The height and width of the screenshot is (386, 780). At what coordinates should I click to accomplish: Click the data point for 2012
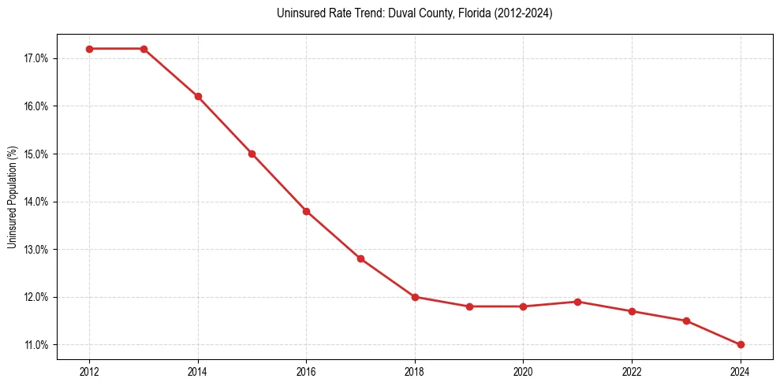tap(89, 49)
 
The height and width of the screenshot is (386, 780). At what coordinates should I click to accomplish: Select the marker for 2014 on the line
tap(198, 97)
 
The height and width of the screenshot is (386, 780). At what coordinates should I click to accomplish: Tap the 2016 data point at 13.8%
tap(306, 211)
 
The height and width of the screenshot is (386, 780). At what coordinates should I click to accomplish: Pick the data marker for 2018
tap(415, 297)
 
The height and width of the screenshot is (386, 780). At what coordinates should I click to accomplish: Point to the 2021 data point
tap(577, 302)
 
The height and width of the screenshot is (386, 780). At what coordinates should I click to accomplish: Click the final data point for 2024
tap(741, 344)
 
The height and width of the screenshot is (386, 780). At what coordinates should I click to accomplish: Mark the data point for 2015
tap(252, 154)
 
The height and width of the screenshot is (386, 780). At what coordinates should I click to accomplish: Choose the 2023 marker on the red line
tap(686, 321)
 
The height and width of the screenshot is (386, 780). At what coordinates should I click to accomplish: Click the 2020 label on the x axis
tap(523, 371)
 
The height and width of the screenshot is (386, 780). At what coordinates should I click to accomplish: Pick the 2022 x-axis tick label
tap(632, 371)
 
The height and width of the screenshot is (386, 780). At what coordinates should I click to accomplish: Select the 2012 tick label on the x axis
tap(89, 371)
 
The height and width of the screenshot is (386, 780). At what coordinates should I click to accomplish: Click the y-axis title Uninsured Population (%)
tap(13, 197)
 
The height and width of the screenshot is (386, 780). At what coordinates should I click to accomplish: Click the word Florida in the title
tap(437, 13)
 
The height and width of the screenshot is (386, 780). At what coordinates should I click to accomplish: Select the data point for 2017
tap(360, 258)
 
